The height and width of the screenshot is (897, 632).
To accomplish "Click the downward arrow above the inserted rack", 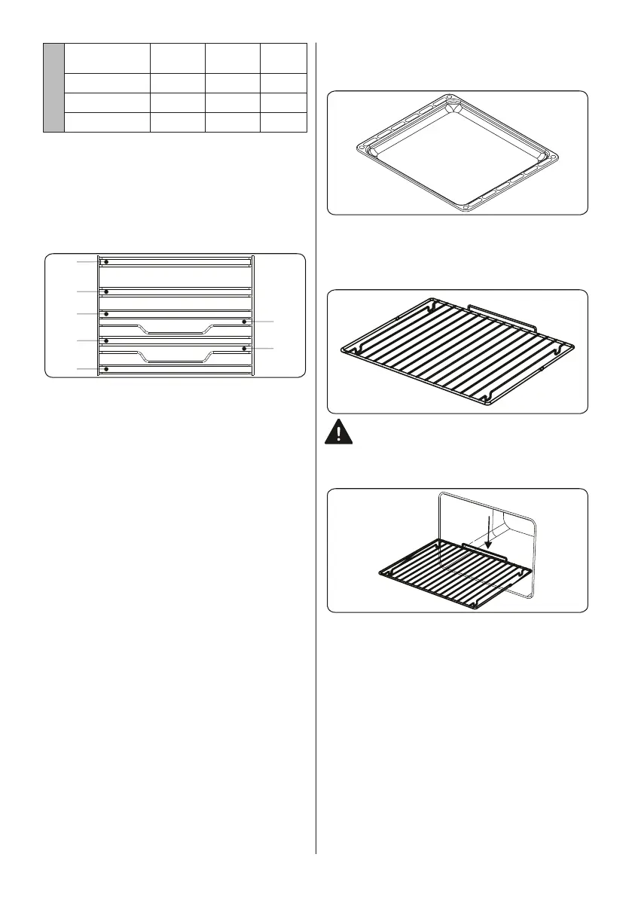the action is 489,532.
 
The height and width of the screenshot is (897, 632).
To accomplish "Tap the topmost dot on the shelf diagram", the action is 106,262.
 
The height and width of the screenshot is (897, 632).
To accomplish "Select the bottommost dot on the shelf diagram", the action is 106,369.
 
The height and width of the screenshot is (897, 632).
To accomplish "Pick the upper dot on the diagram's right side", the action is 245,322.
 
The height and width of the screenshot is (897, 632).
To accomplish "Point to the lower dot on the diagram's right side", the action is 245,349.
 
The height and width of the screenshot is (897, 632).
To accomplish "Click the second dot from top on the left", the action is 106,291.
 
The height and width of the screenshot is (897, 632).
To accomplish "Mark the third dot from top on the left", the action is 106,313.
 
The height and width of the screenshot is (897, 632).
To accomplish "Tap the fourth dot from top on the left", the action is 106,341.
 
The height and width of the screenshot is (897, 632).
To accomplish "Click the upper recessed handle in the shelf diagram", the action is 174,330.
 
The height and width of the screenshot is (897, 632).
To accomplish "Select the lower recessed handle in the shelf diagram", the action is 174,359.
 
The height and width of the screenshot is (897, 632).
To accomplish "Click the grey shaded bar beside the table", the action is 53,88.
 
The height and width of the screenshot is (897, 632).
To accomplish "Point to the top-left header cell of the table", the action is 106,58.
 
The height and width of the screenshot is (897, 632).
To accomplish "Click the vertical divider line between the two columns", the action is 316,452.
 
